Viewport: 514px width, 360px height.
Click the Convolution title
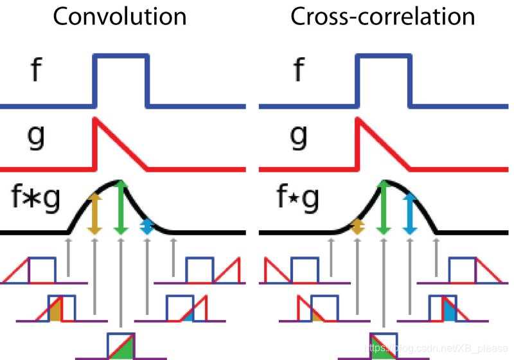point(120,17)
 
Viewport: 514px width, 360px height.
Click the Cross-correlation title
point(383,17)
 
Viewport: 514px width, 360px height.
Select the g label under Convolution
point(37,136)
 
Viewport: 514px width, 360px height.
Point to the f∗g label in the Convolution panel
point(35,199)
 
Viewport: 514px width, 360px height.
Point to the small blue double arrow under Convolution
point(146,225)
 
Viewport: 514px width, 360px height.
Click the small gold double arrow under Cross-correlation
point(358,226)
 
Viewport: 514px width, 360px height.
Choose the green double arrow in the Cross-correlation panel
point(384,206)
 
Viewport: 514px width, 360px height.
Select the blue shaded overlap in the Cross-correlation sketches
point(449,312)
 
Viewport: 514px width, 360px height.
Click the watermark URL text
point(437,348)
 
